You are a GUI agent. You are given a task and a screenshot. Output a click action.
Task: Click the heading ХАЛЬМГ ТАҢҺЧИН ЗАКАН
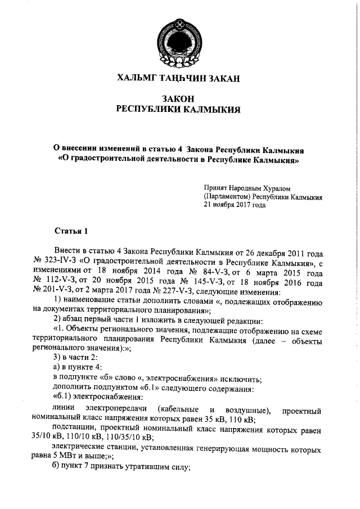point(178,78)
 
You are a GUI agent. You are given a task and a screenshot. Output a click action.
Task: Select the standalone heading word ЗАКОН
point(178,98)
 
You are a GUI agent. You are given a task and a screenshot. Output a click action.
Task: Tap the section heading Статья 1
point(71,231)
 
